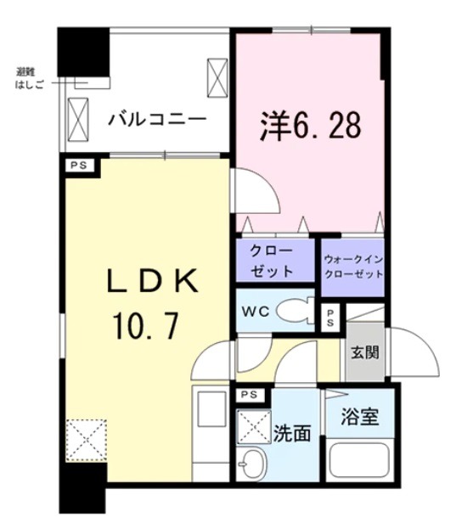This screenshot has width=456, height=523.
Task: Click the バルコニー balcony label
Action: pyautogui.click(x=156, y=120)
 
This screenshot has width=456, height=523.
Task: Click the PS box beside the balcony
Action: pyautogui.click(x=79, y=166)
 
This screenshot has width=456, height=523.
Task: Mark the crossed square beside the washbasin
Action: pyautogui.click(x=251, y=424)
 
